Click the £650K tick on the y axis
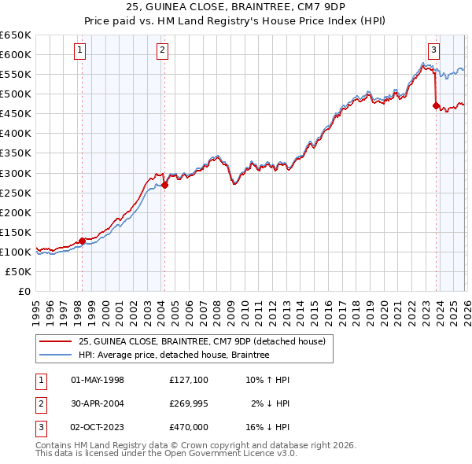tap(16, 35)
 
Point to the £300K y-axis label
tap(16, 173)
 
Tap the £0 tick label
tap(24, 291)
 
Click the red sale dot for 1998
tap(82, 241)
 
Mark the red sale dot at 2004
tap(165, 185)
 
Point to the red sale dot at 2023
tap(436, 105)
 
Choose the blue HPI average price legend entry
tap(174, 355)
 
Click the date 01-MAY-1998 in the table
tap(98, 380)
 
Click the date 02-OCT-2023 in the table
tap(98, 427)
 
